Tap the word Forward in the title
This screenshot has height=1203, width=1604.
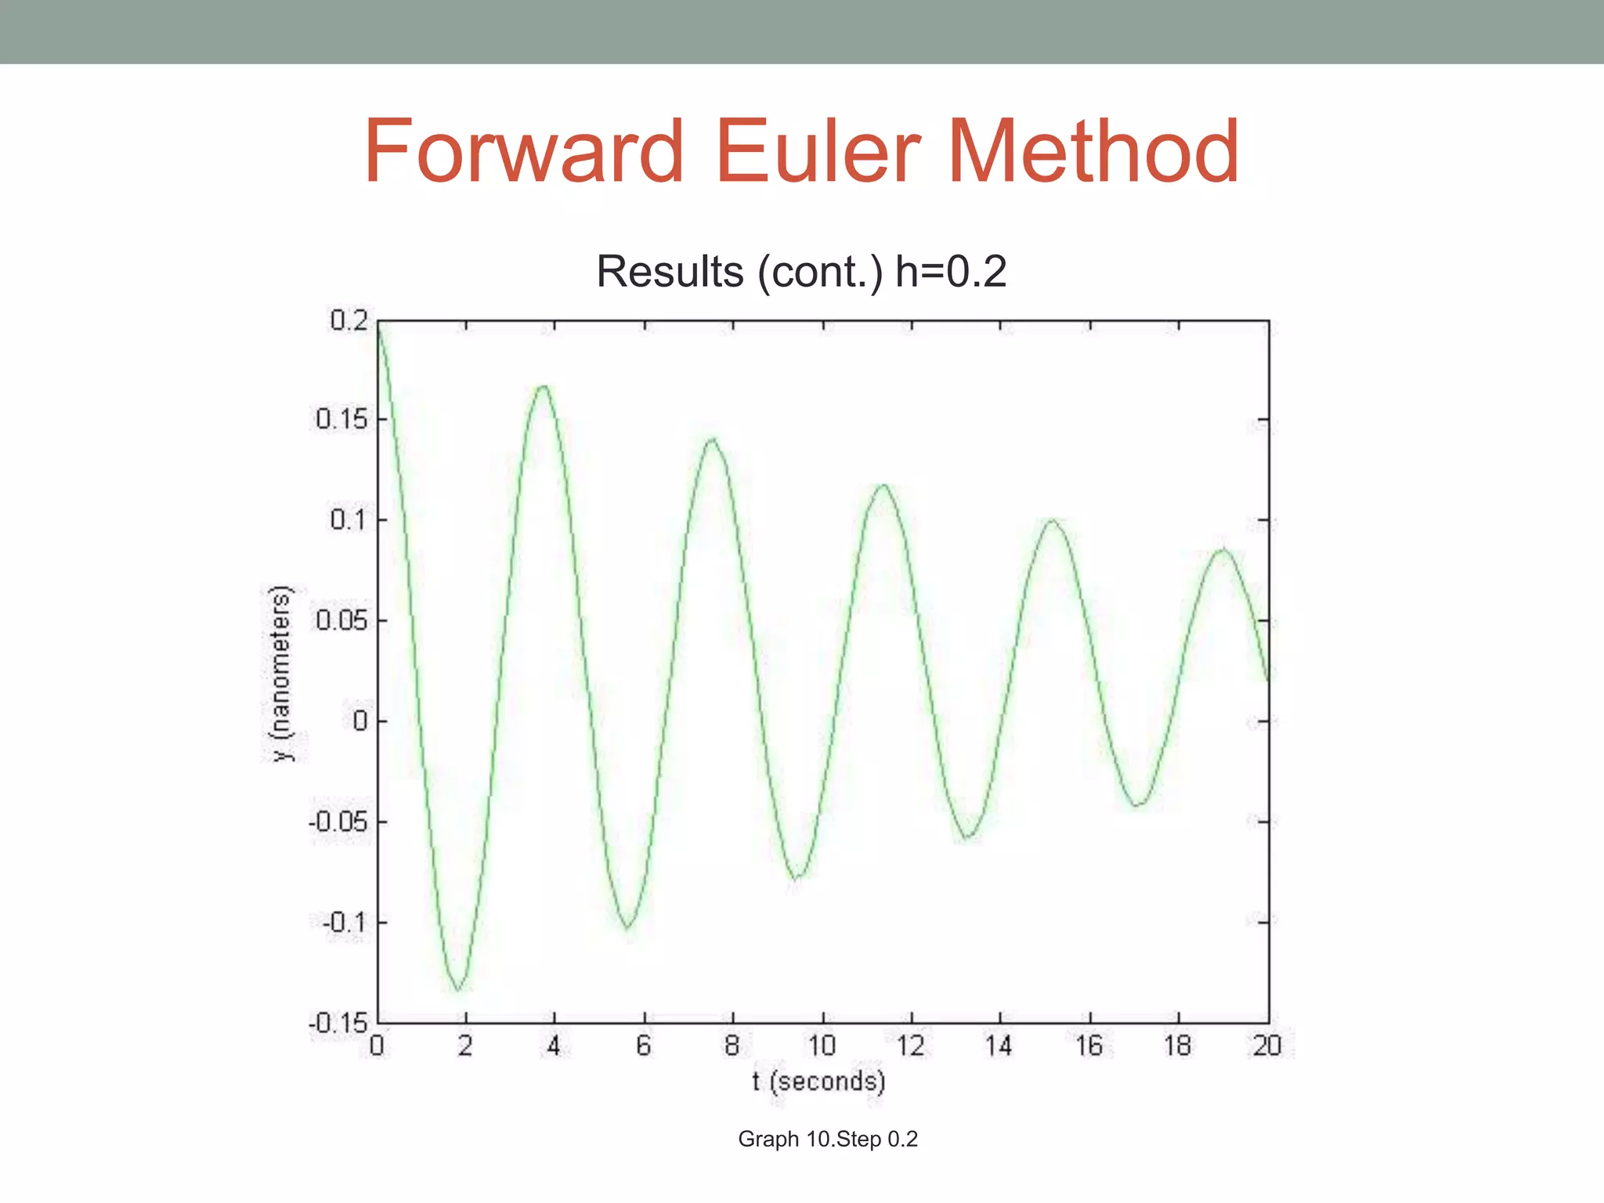tap(523, 150)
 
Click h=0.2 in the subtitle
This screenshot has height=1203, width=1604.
tap(950, 272)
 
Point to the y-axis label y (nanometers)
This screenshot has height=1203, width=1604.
tap(280, 674)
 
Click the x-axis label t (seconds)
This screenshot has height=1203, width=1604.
tap(818, 1082)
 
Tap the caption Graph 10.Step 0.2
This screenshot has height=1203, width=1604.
tap(827, 1139)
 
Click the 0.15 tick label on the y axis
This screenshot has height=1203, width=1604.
tap(341, 419)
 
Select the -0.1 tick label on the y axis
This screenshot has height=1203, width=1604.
tap(344, 923)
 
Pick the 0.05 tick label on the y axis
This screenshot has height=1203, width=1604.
tap(341, 620)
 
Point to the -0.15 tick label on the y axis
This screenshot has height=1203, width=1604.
tap(338, 1023)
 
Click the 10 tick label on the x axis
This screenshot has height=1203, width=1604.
tap(822, 1046)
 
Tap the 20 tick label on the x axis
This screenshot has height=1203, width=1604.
tap(1267, 1046)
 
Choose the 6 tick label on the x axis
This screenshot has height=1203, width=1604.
tap(644, 1046)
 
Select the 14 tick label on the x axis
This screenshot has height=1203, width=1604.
tap(999, 1046)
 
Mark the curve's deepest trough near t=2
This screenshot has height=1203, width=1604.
tap(459, 990)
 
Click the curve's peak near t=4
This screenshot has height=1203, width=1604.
tap(544, 386)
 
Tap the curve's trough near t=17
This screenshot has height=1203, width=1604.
tap(1138, 804)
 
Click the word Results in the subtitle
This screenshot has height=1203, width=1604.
tap(670, 272)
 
